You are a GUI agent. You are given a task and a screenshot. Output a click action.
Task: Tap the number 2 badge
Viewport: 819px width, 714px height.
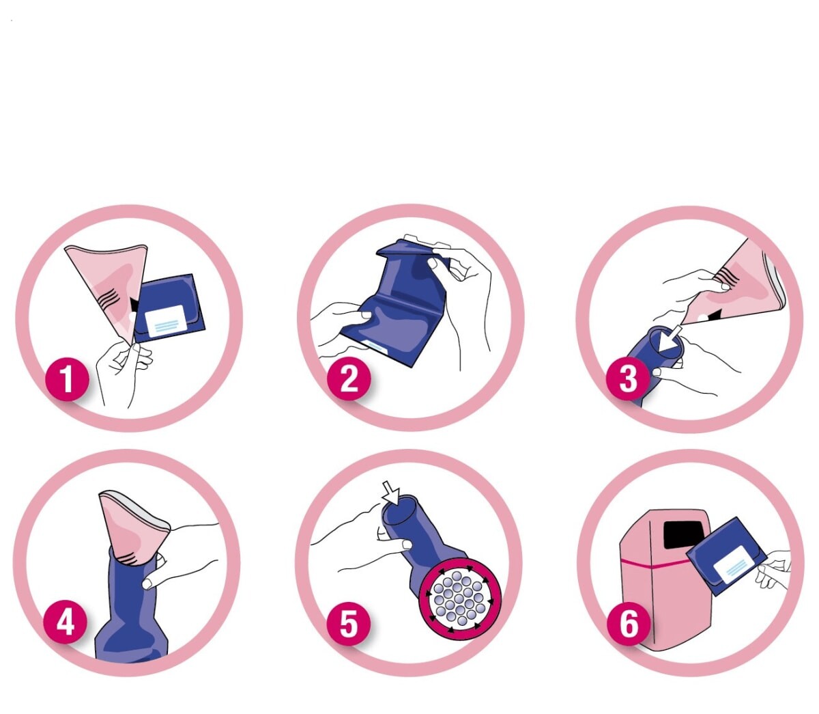(349, 378)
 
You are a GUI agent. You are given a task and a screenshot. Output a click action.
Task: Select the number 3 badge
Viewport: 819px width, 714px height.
(627, 378)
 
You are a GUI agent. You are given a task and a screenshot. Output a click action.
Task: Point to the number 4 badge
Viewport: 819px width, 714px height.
(66, 623)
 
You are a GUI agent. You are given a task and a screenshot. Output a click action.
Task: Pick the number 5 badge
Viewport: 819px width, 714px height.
(349, 623)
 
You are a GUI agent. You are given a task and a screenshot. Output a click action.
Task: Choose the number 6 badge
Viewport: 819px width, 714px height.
(629, 623)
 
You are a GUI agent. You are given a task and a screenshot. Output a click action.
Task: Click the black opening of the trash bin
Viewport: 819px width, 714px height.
(681, 535)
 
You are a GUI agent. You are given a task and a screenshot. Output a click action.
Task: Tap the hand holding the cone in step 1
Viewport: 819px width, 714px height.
(124, 370)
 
